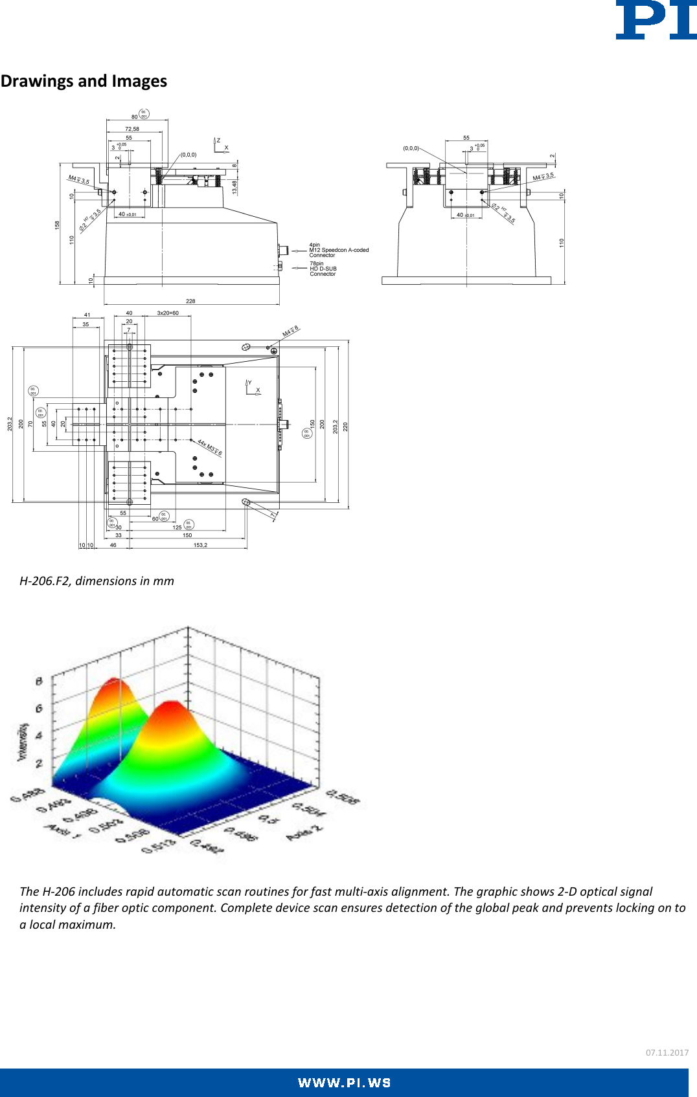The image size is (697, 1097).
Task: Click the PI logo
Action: point(656,21)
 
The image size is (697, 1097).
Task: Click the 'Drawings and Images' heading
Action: point(84,81)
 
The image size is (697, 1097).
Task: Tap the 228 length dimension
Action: point(190,301)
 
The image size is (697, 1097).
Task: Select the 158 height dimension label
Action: point(57,225)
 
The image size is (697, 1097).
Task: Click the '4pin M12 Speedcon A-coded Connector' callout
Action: point(338,250)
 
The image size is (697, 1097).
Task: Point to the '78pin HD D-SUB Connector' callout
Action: point(323,269)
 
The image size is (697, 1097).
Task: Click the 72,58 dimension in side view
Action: point(132,129)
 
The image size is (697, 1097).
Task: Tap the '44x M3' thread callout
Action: point(210,447)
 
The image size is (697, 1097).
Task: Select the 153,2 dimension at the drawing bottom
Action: point(201,545)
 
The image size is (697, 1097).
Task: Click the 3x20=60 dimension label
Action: point(168,313)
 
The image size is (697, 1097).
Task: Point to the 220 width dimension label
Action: point(346,427)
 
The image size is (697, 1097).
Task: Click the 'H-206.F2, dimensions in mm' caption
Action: point(97,581)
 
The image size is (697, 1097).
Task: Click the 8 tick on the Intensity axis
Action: point(39,681)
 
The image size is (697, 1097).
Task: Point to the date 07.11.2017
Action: point(667,1052)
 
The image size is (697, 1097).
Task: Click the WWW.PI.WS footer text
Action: point(344,1083)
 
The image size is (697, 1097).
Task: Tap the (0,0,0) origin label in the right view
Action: point(411,148)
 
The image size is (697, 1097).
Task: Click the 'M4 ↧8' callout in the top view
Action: point(290,331)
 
